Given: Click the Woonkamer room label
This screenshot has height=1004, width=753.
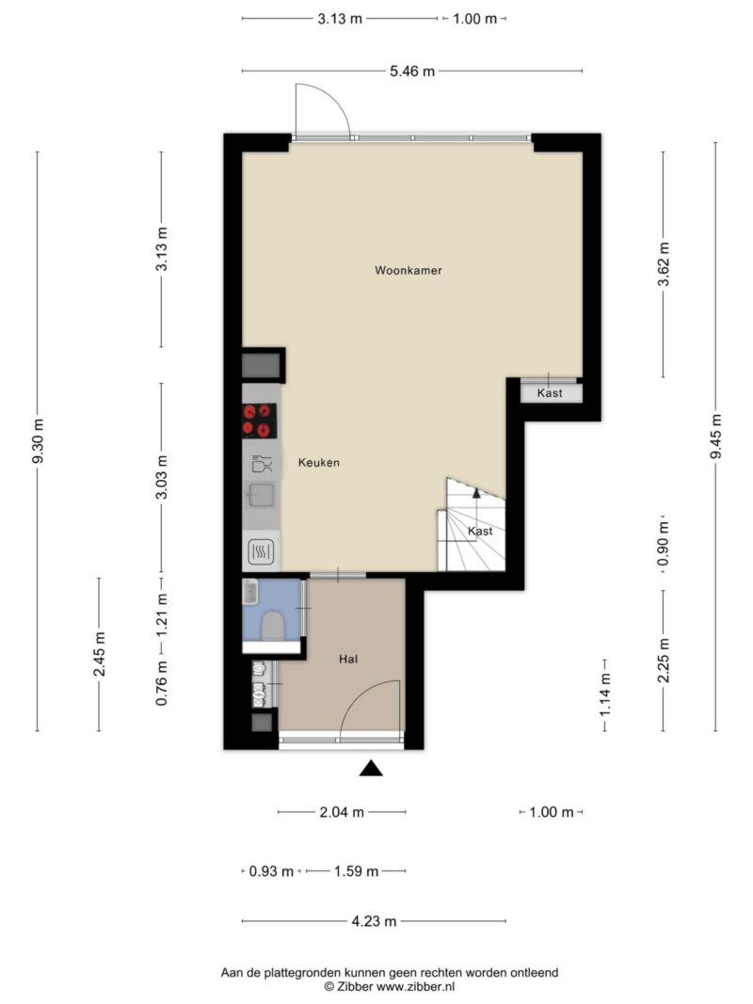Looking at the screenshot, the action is pyautogui.click(x=409, y=270).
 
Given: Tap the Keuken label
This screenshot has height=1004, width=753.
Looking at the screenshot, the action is pyautogui.click(x=319, y=462).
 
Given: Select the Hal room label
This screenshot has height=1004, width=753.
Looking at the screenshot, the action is pyautogui.click(x=348, y=659).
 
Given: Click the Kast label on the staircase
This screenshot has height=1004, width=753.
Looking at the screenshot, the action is pyautogui.click(x=480, y=531).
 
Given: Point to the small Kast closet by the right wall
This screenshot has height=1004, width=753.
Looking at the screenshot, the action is pyautogui.click(x=551, y=392).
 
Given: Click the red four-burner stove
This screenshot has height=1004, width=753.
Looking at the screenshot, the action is pyautogui.click(x=260, y=421).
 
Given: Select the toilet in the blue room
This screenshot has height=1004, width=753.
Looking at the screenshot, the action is pyautogui.click(x=273, y=626).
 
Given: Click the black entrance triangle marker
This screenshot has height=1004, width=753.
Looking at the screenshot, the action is pyautogui.click(x=371, y=768).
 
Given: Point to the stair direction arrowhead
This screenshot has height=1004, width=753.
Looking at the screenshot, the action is pyautogui.click(x=475, y=492).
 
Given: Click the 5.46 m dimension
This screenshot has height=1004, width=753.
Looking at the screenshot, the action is pyautogui.click(x=412, y=72).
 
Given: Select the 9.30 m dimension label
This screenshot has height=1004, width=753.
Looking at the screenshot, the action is pyautogui.click(x=39, y=441).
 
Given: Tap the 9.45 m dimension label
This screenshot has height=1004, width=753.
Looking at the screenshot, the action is pyautogui.click(x=716, y=436).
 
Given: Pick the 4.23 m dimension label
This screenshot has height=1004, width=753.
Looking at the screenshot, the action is pyautogui.click(x=374, y=921).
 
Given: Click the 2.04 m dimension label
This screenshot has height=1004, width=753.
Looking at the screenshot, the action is pyautogui.click(x=342, y=812).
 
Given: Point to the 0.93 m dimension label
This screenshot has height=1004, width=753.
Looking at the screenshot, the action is pyautogui.click(x=271, y=870).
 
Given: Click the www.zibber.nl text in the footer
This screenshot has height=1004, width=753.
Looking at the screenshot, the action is pyautogui.click(x=415, y=987).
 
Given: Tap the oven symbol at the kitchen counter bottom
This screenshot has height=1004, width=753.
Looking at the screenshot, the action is pyautogui.click(x=261, y=551).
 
